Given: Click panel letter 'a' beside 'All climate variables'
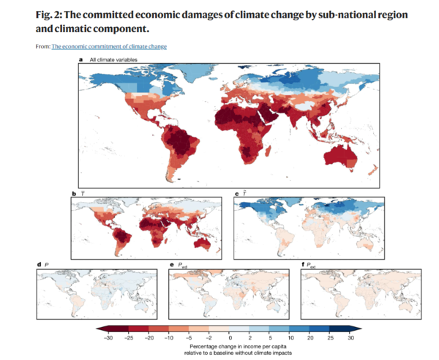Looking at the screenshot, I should pyautogui.click(x=81, y=58).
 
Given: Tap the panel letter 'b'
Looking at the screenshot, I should pyautogui.click(x=73, y=193).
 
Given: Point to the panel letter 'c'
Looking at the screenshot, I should pyautogui.click(x=236, y=193).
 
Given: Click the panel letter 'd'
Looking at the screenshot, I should pyautogui.click(x=38, y=263).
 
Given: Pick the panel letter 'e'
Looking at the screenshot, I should pyautogui.click(x=170, y=263).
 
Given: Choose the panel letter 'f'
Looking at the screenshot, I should pyautogui.click(x=303, y=263).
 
